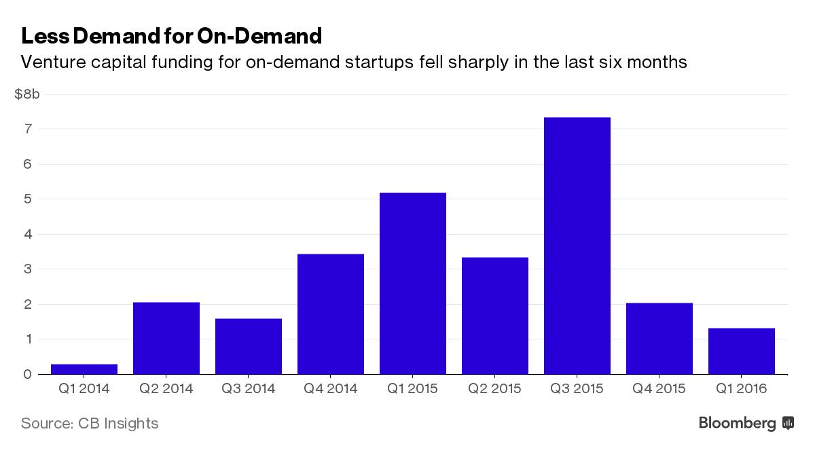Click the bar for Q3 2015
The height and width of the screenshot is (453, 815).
577,246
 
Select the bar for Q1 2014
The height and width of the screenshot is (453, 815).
84,369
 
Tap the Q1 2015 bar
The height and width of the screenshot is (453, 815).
412,283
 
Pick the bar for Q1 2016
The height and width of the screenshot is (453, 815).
741,351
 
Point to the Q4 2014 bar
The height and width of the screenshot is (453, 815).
331,314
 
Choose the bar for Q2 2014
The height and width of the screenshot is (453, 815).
166,338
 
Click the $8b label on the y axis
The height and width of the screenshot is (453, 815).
27,94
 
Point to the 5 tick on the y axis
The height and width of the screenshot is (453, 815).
28,199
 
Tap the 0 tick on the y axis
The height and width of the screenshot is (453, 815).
28,374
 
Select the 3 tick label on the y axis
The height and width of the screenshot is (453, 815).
28,269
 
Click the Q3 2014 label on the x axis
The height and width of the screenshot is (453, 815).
249,389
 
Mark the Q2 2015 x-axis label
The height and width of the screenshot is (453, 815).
494,389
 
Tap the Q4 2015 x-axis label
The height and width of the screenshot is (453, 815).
659,389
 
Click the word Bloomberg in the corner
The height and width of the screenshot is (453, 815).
737,423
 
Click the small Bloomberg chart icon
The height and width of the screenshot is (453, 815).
788,423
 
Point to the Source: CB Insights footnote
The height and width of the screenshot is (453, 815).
90,423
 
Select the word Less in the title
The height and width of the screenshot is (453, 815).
42,35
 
